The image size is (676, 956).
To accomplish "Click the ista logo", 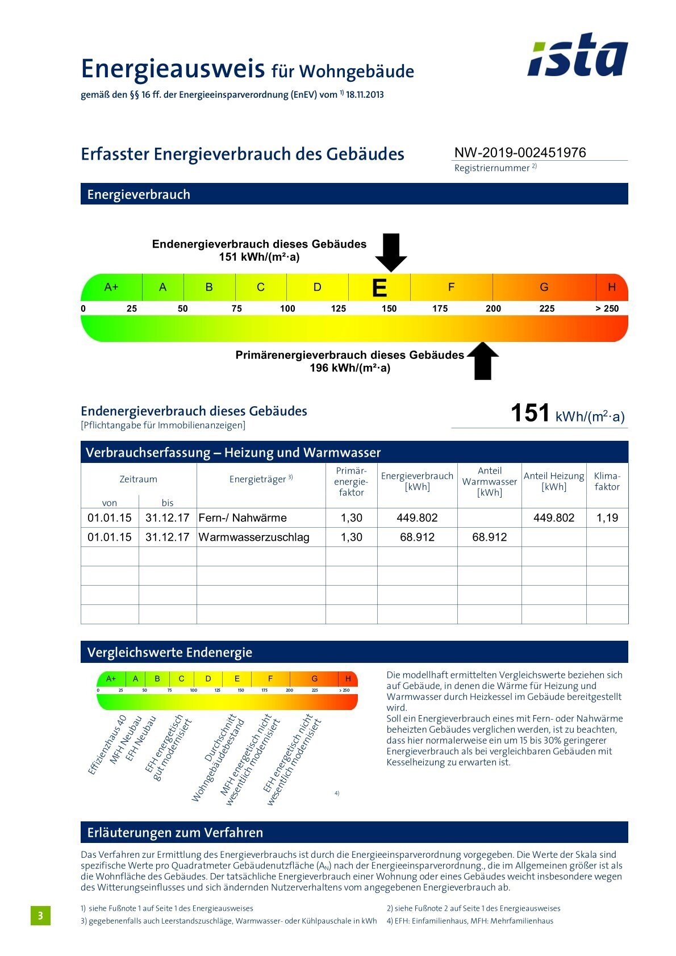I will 577,56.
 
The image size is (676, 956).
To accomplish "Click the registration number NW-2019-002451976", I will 520,152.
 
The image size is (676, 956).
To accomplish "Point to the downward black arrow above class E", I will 391,252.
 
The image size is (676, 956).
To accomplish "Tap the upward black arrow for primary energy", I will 482,361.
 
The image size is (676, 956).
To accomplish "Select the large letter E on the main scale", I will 379,288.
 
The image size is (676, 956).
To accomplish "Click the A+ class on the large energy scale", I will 111,287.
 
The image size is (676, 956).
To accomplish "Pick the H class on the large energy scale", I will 611,287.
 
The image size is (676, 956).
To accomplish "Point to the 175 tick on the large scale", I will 440,308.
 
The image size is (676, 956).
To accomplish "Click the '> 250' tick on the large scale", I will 607,308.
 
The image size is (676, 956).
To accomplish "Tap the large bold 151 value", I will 529,413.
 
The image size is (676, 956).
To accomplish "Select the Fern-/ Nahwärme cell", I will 243,517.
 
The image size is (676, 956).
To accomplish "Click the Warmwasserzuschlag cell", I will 254,537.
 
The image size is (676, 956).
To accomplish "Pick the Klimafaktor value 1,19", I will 607,517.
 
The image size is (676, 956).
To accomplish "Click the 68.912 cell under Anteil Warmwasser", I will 489,537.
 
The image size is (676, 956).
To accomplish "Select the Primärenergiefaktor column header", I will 351,482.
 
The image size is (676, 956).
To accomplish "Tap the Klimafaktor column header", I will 607,481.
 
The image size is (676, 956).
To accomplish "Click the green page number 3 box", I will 40,915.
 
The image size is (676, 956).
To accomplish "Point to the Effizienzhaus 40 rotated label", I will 107,745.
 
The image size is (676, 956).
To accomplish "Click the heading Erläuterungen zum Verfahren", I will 175,832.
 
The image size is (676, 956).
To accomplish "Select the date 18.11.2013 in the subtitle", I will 365,95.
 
